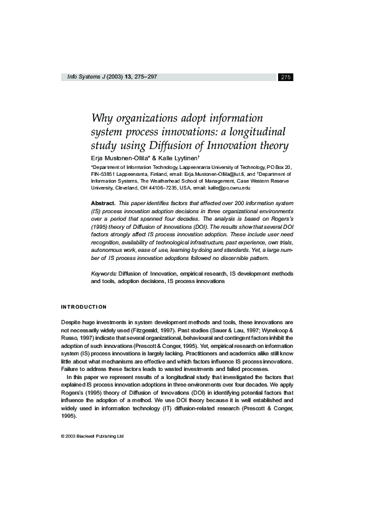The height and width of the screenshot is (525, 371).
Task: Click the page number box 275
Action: [x=286, y=77]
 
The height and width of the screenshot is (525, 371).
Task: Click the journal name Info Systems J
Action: [x=85, y=77]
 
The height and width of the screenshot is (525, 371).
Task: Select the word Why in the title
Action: [x=102, y=118]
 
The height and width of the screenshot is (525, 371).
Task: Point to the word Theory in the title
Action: [x=275, y=147]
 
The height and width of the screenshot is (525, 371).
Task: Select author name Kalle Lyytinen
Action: [x=185, y=159]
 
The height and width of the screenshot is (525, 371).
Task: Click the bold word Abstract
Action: [x=103, y=203]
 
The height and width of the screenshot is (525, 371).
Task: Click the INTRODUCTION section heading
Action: [x=84, y=307]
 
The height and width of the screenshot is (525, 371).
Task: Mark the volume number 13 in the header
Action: [x=128, y=77]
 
